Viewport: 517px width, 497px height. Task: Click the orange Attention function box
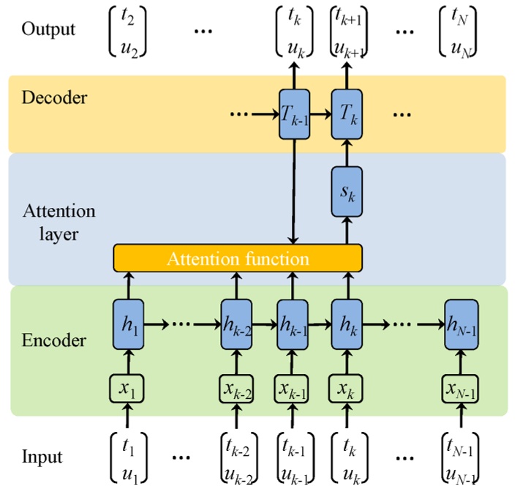click(x=238, y=258)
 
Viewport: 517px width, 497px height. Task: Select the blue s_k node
click(x=347, y=191)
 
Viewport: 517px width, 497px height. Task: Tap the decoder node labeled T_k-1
click(x=294, y=114)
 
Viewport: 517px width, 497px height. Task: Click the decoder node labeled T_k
click(x=347, y=114)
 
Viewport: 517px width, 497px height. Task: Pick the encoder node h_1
click(x=128, y=323)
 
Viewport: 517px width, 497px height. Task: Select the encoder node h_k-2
click(x=238, y=323)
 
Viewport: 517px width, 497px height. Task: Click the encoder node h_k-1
click(x=293, y=323)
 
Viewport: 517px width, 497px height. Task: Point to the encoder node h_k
click(x=347, y=323)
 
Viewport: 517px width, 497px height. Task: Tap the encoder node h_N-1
click(x=461, y=323)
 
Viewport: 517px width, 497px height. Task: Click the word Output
click(x=48, y=29)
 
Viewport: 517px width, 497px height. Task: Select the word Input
click(x=42, y=457)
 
